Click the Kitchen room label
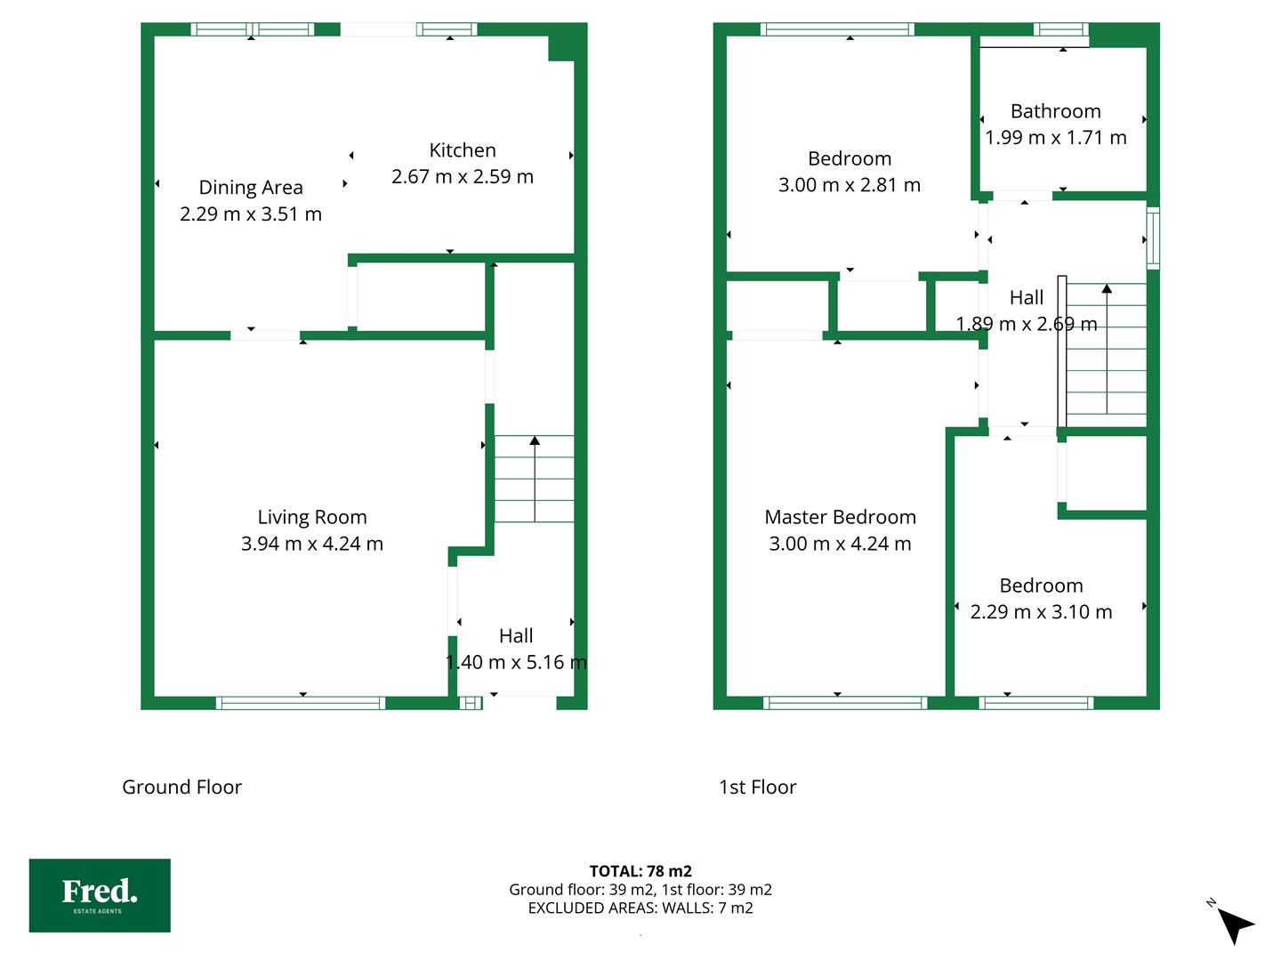[x=463, y=150]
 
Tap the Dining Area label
[x=251, y=188]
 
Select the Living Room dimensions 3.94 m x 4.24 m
[x=312, y=544]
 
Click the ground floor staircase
[x=534, y=479]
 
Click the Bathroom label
[x=1056, y=111]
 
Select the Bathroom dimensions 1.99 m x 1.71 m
[x=1056, y=138]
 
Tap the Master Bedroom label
[x=841, y=517]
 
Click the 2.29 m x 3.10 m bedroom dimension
[x=1041, y=612]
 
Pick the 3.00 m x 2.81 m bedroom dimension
[x=850, y=185]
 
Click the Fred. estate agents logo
[x=100, y=895]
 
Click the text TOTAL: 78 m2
[x=640, y=871]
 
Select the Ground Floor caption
[x=182, y=787]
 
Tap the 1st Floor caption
[x=758, y=787]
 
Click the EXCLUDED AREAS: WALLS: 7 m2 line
[x=640, y=909]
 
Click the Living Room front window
[x=301, y=703]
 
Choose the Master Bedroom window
[x=845, y=703]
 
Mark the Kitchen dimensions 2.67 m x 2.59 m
[x=463, y=177]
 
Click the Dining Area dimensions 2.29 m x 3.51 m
[x=251, y=214]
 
